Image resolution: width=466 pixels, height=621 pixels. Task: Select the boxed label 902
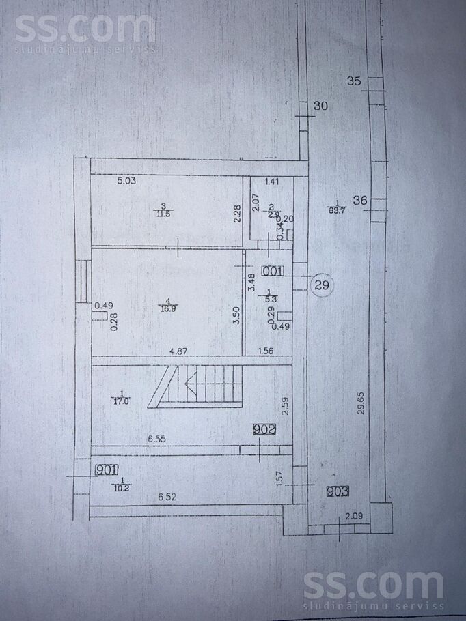(264, 430)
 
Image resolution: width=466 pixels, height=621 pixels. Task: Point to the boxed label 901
(107, 470)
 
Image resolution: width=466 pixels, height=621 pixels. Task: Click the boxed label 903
(338, 491)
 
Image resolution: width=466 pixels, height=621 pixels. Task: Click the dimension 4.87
(179, 351)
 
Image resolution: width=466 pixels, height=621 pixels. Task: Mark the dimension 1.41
(272, 182)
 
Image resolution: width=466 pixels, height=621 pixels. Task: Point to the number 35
(354, 81)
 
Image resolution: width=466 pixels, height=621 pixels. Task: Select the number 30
(320, 106)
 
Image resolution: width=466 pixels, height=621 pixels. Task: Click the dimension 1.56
(266, 351)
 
